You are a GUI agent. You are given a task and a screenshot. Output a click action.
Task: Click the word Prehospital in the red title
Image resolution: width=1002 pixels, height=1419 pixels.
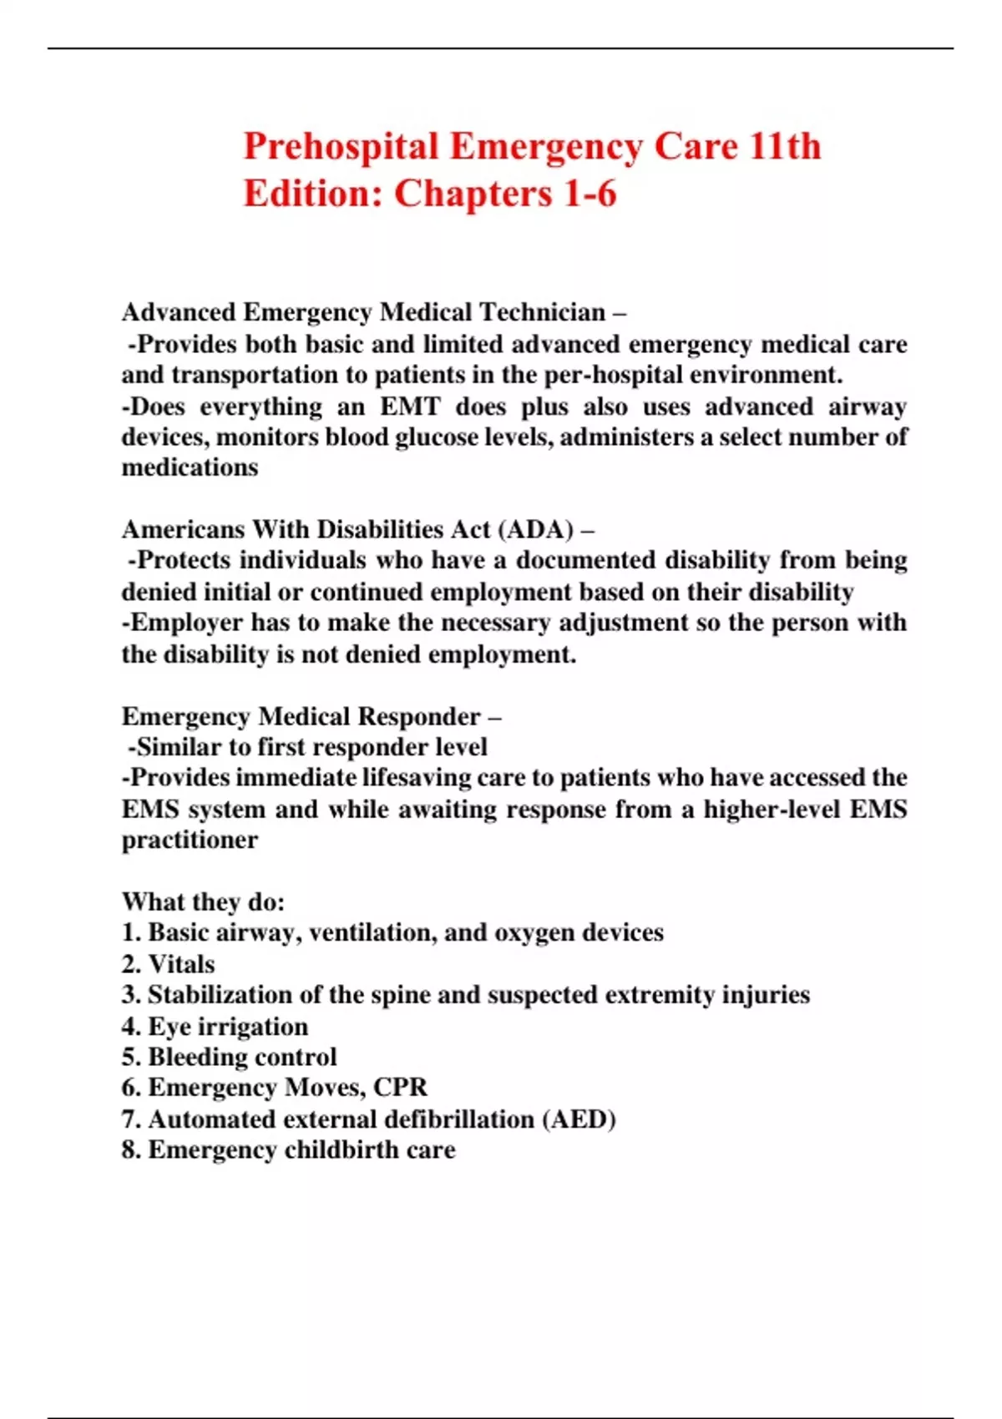[341, 148]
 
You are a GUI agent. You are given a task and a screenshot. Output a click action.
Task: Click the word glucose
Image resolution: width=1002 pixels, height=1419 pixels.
[437, 437]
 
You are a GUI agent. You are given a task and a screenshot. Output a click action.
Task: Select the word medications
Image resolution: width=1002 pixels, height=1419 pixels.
[190, 468]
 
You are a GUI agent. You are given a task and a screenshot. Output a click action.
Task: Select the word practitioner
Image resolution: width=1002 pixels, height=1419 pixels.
[190, 841]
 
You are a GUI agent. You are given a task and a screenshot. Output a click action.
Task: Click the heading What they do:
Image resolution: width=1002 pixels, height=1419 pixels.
[203, 902]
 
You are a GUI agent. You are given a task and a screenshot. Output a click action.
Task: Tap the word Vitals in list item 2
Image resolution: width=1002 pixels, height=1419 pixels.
[181, 965]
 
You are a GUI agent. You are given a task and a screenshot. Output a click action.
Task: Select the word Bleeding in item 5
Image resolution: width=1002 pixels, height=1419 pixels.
[195, 1058]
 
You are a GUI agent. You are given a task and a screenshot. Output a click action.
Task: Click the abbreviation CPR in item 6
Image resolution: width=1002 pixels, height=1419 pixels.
[400, 1088]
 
